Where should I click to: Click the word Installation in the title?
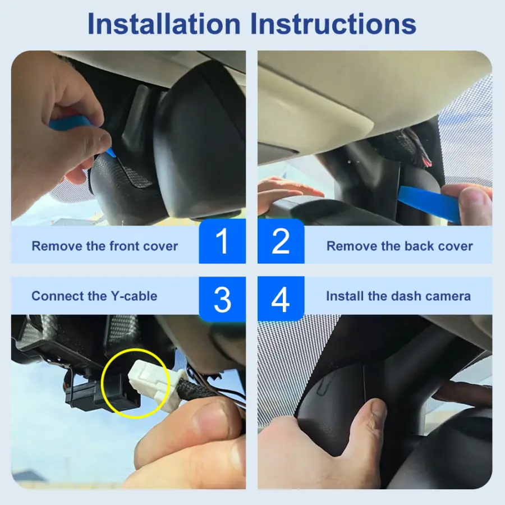[x=164, y=24]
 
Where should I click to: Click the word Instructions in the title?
[x=333, y=24]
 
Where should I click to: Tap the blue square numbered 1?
[x=222, y=241]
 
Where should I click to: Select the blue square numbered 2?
[x=281, y=241]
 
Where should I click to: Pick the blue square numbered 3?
[x=222, y=299]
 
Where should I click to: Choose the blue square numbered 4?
[x=281, y=299]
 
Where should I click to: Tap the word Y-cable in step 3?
[x=134, y=296]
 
